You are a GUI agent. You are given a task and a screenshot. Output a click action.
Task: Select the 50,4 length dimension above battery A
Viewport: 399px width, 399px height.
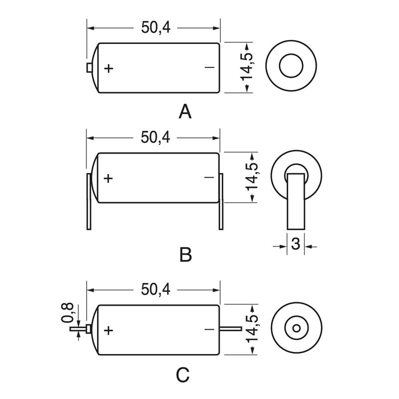pos(156,27)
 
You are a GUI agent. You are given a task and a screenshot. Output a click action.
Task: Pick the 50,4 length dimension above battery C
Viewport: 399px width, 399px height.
pos(156,289)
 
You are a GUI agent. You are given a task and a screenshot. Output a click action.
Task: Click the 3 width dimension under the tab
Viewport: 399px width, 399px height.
pos(295,244)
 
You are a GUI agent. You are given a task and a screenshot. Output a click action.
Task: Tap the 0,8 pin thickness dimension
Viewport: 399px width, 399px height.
pos(68,313)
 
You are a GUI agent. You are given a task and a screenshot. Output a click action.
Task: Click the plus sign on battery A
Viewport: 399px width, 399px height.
pos(109,68)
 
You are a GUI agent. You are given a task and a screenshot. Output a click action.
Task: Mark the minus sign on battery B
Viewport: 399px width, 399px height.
pos(209,178)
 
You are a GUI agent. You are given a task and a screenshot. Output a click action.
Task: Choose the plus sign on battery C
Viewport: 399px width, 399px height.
pos(109,330)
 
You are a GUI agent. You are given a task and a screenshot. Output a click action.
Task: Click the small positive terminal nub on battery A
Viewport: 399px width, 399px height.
pos(89,67)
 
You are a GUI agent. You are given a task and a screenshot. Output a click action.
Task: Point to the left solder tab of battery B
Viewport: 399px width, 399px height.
pos(89,201)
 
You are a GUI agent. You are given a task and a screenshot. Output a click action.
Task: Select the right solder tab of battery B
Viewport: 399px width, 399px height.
pos(220,201)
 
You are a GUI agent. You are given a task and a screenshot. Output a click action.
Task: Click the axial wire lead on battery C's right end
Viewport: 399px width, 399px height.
pos(230,329)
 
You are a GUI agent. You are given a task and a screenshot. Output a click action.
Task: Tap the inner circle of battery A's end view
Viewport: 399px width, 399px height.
pos(291,67)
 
